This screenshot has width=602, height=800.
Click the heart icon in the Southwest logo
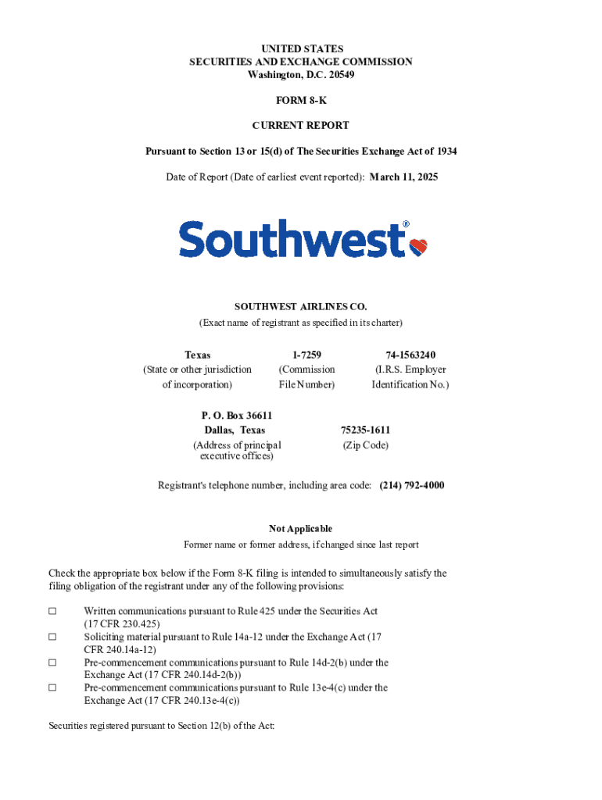[x=419, y=247]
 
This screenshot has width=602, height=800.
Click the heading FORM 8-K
[x=301, y=101]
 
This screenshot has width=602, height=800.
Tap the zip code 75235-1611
[x=365, y=430]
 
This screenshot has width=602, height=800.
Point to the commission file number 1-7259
[x=306, y=355]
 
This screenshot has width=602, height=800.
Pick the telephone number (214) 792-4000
[x=412, y=485]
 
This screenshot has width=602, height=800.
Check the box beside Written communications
[x=52, y=612]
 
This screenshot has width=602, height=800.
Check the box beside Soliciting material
[x=52, y=637]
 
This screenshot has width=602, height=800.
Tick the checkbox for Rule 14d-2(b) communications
[x=52, y=662]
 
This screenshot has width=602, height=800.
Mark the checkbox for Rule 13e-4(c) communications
[x=52, y=687]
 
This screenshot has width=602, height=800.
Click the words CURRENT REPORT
[x=301, y=125]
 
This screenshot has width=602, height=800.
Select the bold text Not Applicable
[x=301, y=529]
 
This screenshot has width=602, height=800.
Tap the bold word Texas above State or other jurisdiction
[x=197, y=355]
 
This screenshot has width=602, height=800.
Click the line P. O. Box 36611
[x=238, y=416]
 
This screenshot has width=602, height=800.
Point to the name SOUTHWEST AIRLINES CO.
[x=301, y=307]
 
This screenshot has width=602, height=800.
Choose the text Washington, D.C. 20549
[x=301, y=75]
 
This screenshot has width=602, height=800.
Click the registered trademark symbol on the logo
[x=406, y=225]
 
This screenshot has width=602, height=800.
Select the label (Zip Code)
[x=365, y=445]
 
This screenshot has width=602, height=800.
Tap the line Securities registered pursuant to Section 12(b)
[x=161, y=726]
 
